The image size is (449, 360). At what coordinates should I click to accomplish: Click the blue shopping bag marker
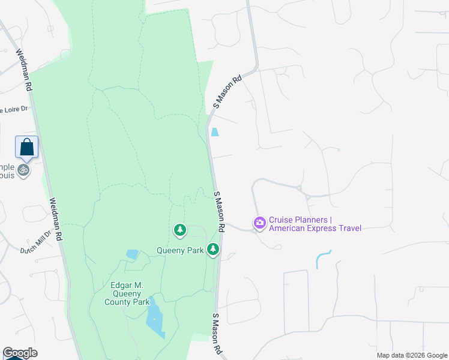[27, 146]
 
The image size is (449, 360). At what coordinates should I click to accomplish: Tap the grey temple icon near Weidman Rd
[23, 170]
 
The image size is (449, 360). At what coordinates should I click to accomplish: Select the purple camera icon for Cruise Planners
[260, 223]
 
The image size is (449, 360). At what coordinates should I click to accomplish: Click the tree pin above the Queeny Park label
[179, 229]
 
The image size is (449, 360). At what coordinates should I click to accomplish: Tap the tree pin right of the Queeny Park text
[213, 249]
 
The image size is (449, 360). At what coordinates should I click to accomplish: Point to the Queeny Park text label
[181, 250]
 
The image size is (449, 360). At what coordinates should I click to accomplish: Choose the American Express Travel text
[315, 228]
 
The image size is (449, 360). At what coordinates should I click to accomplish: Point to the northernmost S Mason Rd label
[227, 91]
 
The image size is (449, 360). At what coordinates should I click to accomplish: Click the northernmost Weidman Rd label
[24, 70]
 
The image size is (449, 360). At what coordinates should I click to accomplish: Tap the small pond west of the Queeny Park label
[132, 254]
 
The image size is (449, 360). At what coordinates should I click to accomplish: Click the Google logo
[20, 353]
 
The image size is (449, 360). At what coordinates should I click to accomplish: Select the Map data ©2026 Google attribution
[412, 355]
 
